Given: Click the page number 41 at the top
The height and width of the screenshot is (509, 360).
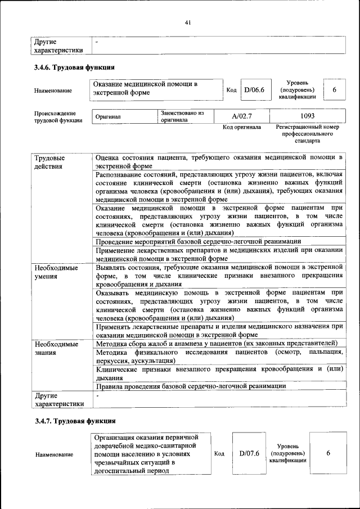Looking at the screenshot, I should [188, 22].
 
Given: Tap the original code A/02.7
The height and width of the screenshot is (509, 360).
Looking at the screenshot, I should [242, 116].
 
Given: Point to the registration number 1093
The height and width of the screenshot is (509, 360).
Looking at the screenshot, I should [307, 116].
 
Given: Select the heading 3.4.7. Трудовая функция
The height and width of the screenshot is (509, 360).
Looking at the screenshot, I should [75, 421].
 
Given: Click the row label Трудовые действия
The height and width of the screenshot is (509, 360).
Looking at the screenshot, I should [49, 162].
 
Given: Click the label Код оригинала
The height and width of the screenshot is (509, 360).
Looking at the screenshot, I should [242, 127].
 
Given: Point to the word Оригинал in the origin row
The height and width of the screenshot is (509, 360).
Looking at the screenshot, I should [108, 116].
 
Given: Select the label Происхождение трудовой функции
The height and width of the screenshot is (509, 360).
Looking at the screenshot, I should [58, 116].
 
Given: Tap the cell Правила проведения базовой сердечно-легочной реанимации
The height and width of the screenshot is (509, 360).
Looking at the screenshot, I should [191, 386].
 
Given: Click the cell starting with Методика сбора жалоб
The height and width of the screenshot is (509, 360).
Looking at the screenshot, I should [217, 343].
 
